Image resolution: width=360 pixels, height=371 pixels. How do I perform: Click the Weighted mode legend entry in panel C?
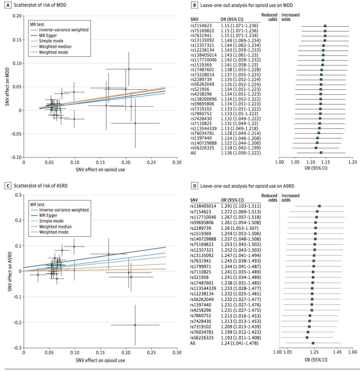point(54,232)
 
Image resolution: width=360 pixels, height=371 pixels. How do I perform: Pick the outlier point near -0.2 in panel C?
point(135,325)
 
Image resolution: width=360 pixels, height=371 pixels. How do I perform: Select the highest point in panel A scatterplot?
point(129,69)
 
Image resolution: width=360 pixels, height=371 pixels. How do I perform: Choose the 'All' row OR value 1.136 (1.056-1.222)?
point(240,153)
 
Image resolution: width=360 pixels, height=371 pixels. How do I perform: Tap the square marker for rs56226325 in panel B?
point(316,148)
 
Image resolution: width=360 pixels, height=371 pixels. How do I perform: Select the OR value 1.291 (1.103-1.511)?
point(240,206)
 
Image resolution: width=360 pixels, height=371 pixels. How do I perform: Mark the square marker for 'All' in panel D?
point(313,343)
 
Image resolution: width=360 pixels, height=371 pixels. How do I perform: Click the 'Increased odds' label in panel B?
point(291,17)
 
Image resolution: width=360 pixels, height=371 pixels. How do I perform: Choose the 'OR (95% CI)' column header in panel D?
point(232,200)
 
